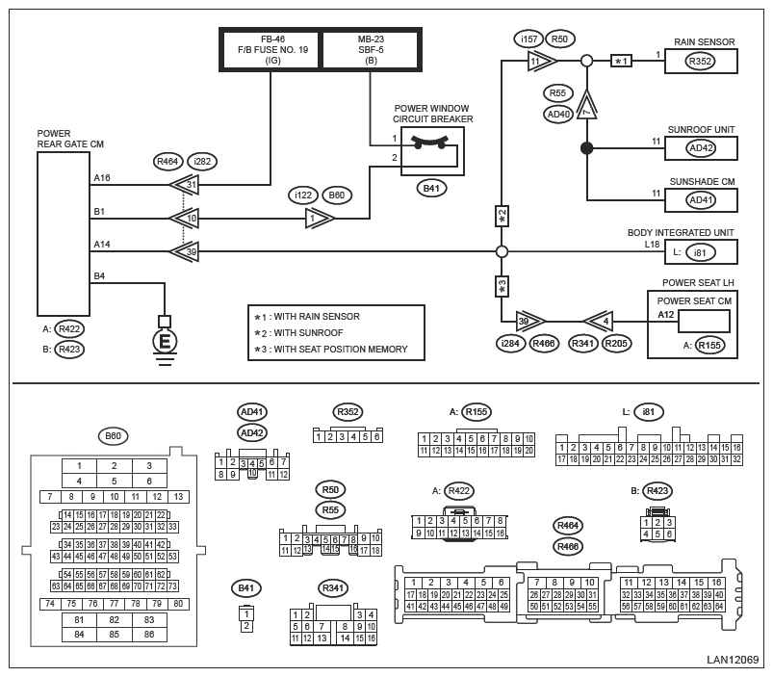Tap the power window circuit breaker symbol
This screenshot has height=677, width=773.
coord(432,147)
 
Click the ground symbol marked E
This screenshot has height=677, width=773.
coord(165,340)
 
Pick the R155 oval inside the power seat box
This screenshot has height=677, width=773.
coord(709,345)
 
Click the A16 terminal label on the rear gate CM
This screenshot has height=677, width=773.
coord(102,178)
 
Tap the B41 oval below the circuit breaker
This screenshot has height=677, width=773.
coord(432,188)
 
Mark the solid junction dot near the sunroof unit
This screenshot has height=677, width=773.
coord(586,148)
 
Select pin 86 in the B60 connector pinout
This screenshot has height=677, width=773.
coord(147,635)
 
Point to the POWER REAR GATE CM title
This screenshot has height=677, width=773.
coord(70,139)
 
